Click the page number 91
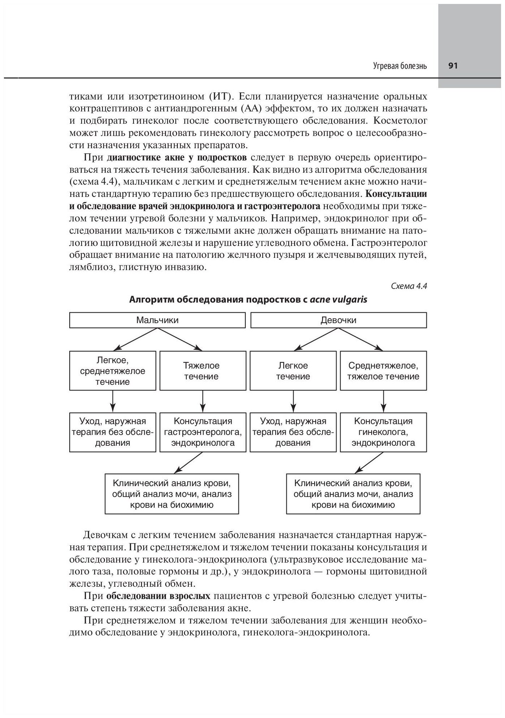click(x=453, y=66)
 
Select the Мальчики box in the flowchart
click(x=157, y=320)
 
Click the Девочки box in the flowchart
click(x=338, y=320)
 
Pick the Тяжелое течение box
click(x=203, y=371)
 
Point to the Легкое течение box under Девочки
click(x=293, y=371)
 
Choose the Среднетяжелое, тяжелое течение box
click(x=383, y=371)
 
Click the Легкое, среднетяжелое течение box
click(x=113, y=371)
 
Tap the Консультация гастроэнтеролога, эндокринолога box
click(x=203, y=432)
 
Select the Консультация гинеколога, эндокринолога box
click(x=383, y=432)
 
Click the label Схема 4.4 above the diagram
click(x=409, y=286)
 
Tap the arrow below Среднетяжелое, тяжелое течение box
click(x=383, y=401)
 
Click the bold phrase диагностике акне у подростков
click(x=177, y=158)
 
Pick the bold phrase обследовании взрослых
click(x=158, y=595)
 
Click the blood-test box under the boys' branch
click(x=172, y=494)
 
